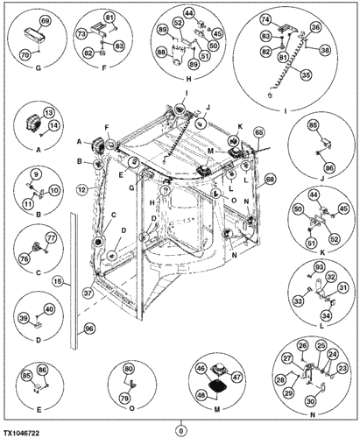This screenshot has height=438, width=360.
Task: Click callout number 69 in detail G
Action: tap(46, 19)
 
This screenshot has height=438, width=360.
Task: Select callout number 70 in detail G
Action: tap(24, 54)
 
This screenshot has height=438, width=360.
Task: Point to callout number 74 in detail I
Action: tap(264, 19)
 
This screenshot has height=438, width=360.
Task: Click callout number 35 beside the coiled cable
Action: tap(306, 75)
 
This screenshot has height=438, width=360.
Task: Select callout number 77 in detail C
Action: tap(50, 237)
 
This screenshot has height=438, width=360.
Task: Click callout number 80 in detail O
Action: tap(129, 369)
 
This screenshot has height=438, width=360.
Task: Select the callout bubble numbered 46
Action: tap(201, 369)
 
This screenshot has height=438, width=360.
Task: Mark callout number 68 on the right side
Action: tap(271, 179)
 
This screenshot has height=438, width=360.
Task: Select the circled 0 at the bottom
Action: tap(180, 430)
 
